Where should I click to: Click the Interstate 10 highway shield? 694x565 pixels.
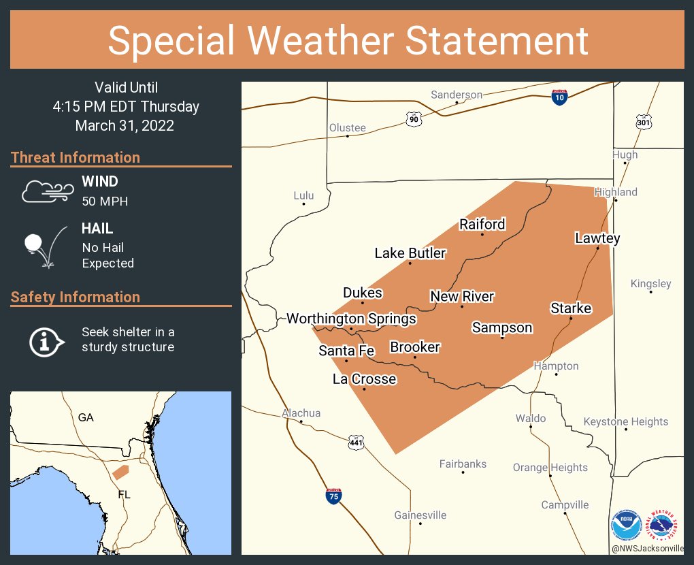(559, 97)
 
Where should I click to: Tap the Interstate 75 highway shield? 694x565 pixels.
(333, 496)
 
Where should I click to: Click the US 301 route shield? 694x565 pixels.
(644, 122)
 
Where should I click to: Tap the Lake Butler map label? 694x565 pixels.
(410, 253)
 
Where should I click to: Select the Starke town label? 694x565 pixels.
(571, 308)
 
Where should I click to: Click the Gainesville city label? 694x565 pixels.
(420, 515)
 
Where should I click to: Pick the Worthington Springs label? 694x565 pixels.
(351, 319)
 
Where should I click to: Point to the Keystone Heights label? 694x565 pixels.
(626, 421)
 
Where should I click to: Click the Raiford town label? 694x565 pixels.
(482, 224)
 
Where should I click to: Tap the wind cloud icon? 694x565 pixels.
(46, 191)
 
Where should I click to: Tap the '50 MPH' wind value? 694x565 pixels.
(105, 201)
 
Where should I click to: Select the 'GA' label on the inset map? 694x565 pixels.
(86, 417)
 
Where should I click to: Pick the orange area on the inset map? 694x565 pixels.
(120, 471)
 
